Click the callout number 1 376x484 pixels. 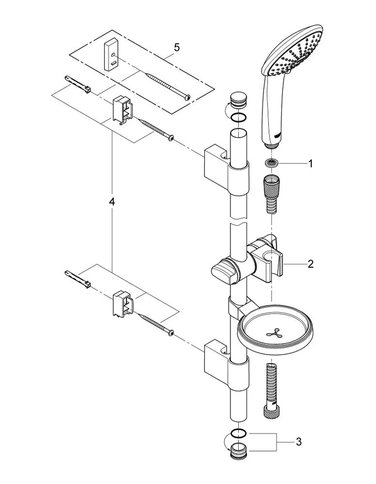tap(310, 164)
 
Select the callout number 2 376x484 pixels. tap(310, 264)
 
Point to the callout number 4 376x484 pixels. tap(112, 202)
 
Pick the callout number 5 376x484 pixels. tap(177, 47)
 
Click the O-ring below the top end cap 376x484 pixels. tap(238, 117)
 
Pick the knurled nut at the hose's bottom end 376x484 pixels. tap(271, 413)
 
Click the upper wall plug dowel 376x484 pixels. tap(78, 85)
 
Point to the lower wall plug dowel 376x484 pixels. tap(78, 279)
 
